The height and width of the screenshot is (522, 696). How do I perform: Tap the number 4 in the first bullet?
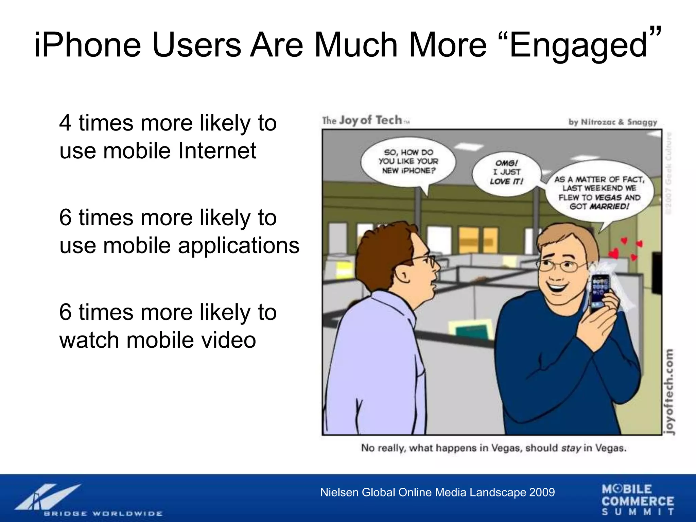coord(65,123)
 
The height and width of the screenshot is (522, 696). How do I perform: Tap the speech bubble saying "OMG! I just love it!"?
coord(506,173)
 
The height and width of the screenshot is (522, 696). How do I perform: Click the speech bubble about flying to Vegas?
coord(599,193)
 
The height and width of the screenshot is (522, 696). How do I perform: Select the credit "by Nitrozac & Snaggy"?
coord(613,122)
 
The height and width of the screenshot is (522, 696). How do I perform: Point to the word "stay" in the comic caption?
coord(571,448)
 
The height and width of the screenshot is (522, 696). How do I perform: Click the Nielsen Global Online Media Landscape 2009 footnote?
coord(437,492)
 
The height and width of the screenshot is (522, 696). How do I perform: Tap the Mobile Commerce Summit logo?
coord(638,500)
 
